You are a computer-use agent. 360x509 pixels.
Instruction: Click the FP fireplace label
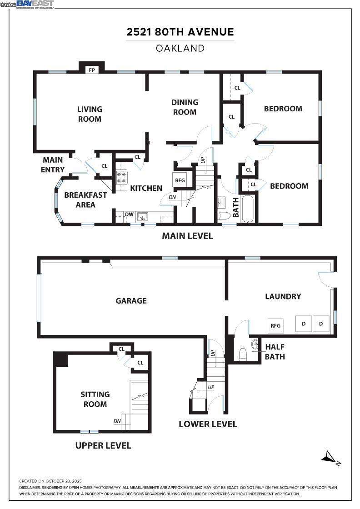point(92,70)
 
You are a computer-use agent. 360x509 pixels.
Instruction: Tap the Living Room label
point(90,114)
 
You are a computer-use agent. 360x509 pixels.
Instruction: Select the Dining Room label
point(185,107)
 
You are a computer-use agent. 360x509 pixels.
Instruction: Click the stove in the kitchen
point(122,177)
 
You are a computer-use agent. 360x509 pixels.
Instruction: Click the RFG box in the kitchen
point(180,180)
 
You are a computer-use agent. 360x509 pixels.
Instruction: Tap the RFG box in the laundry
point(275,325)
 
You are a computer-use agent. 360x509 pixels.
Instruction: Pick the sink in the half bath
point(254,344)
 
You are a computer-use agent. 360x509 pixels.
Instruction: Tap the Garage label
point(131,300)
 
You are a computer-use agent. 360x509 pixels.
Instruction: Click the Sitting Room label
point(95,399)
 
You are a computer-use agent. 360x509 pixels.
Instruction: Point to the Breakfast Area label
point(85,200)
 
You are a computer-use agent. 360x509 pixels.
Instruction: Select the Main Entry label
point(53,165)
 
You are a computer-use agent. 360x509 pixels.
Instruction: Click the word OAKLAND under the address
point(180,48)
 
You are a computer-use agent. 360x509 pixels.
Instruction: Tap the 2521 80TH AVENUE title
point(180,32)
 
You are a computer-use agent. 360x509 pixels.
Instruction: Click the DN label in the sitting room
point(117,421)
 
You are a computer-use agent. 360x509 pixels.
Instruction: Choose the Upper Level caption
point(103,445)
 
